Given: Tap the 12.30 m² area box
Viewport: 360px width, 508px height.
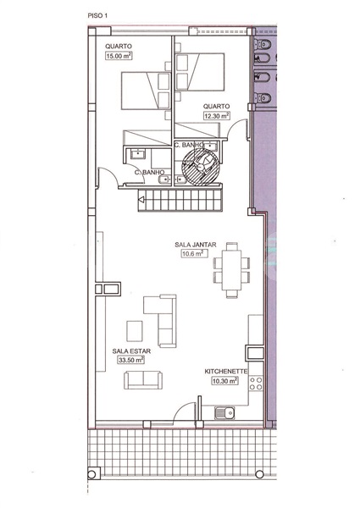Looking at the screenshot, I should tap(216, 115).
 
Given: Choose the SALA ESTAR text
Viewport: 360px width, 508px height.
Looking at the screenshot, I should tap(127, 349).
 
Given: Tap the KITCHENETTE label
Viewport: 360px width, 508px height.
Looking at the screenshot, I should tap(224, 372).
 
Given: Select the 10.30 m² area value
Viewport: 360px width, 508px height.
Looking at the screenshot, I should tap(224, 382).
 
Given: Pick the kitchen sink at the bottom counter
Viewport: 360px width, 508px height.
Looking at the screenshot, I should tap(224, 413).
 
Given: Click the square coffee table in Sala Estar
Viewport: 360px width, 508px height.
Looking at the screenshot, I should tap(136, 329).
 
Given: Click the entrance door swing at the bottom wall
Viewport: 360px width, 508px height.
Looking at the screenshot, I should tap(181, 412).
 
